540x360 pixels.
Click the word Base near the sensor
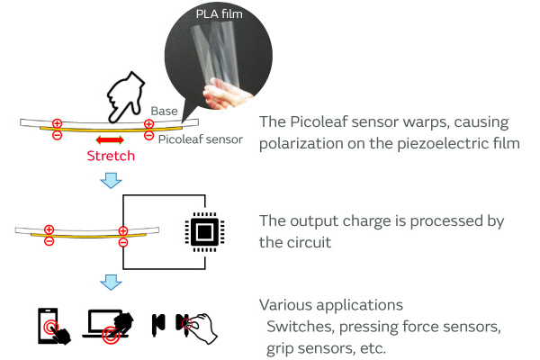pyautogui.click(x=165, y=111)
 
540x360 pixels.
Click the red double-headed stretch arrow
pyautogui.click(x=110, y=140)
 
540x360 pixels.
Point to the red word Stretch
pyautogui.click(x=110, y=156)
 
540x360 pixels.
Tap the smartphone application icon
pyautogui.click(x=51, y=325)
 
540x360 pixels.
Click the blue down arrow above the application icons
pyautogui.click(x=110, y=283)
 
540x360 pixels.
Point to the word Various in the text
pyautogui.click(x=283, y=305)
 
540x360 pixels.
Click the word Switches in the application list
pyautogui.click(x=301, y=326)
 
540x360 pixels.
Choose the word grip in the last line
pyautogui.click(x=281, y=347)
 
